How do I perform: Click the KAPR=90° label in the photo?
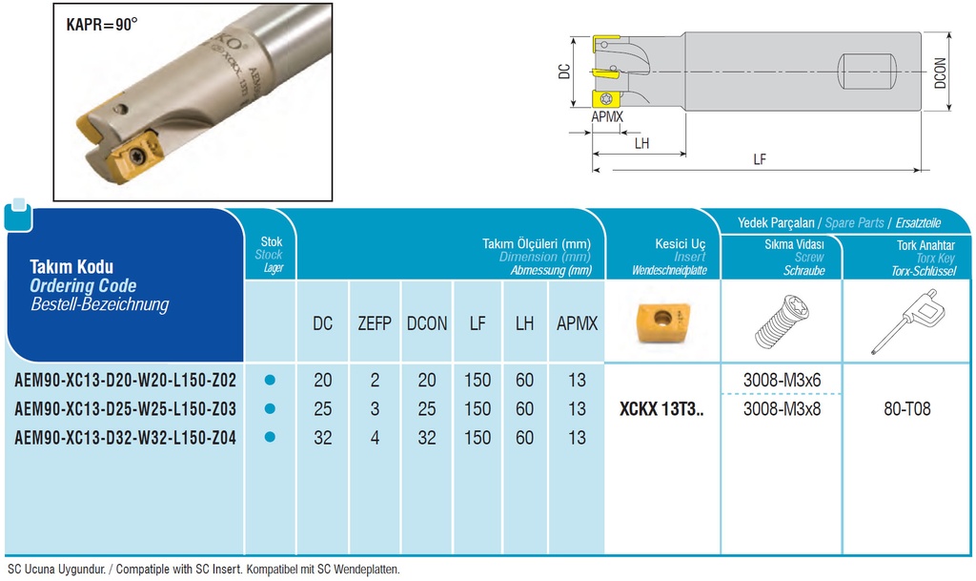click(101, 24)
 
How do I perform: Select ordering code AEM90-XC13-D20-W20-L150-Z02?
click(125, 380)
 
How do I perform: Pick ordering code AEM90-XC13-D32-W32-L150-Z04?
click(125, 438)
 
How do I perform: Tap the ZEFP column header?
click(374, 323)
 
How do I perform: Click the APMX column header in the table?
click(577, 323)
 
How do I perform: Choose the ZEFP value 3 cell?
click(375, 409)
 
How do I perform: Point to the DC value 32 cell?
click(323, 438)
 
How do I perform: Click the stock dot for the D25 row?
click(270, 408)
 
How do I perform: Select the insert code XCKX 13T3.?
click(661, 409)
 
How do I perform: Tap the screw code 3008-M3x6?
click(782, 380)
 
